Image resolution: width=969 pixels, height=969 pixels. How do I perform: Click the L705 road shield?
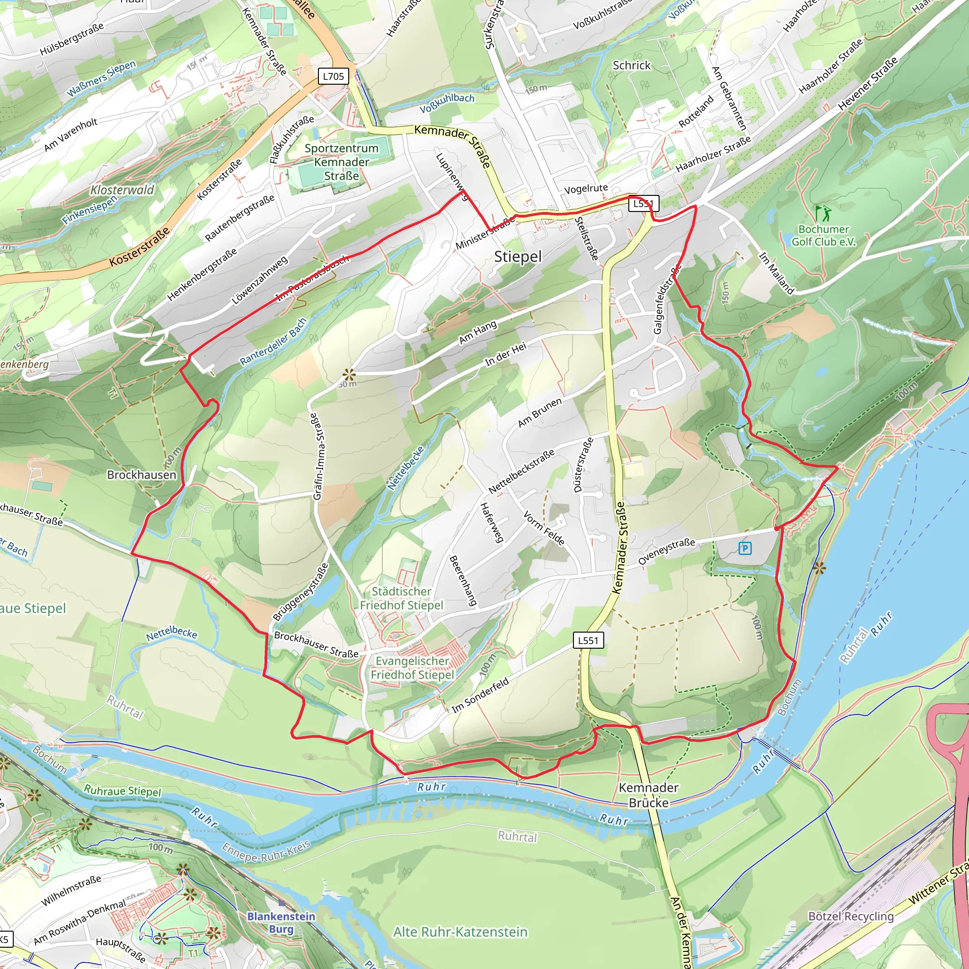tap(334, 76)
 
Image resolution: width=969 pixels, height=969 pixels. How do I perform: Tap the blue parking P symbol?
tap(745, 548)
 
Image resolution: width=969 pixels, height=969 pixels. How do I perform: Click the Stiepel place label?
tap(518, 257)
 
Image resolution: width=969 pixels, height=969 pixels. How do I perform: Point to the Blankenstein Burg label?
tap(282, 922)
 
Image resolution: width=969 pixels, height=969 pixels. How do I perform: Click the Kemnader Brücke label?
tap(648, 795)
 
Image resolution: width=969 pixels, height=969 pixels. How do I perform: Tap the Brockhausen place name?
tap(141, 475)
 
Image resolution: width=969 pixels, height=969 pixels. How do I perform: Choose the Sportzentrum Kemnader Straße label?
tap(342, 162)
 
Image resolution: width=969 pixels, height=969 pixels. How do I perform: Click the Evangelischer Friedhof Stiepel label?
tap(412, 668)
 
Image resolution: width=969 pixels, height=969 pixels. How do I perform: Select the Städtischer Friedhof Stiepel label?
tap(401, 598)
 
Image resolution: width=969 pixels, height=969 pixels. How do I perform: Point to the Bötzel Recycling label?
tap(851, 916)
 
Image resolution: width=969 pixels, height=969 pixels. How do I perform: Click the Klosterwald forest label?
tap(122, 190)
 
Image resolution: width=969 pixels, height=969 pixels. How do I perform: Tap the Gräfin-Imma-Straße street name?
tap(318, 457)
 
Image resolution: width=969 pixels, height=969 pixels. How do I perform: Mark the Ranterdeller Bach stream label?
tap(273, 342)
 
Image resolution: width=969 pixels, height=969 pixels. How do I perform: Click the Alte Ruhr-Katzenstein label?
tap(460, 932)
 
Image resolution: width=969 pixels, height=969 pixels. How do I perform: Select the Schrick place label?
tap(632, 66)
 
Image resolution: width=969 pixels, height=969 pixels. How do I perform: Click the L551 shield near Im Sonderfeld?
tap(588, 640)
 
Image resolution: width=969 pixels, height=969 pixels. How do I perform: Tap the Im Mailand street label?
tap(776, 273)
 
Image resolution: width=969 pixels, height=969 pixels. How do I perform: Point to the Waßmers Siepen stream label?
tap(101, 79)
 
